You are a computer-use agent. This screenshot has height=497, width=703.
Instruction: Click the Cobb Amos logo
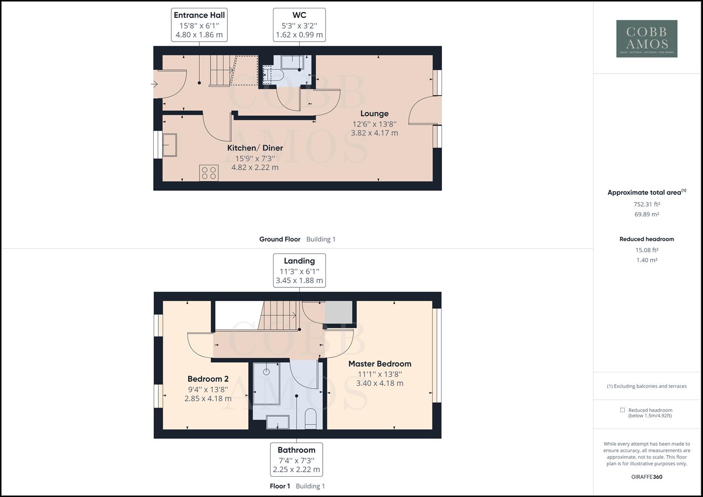[x=646, y=39]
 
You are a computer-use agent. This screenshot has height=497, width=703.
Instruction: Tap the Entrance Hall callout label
[x=199, y=25]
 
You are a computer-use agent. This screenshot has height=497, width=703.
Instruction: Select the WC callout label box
[x=299, y=25]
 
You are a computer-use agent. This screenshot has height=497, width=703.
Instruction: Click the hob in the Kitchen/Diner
[x=209, y=173]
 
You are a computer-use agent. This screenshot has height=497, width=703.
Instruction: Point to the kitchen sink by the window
[x=169, y=145]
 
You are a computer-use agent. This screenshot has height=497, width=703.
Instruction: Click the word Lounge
[x=374, y=114]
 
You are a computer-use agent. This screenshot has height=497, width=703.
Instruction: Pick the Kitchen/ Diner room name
[x=255, y=148]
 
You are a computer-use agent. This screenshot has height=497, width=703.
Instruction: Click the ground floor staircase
[x=221, y=70]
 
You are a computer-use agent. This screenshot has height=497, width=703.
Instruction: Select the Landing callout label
[x=299, y=270]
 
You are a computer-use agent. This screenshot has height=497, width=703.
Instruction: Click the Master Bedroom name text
[x=380, y=364]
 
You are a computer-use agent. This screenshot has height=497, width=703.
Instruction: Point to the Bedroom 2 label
[x=208, y=379]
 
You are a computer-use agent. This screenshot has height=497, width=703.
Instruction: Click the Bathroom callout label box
[x=296, y=459]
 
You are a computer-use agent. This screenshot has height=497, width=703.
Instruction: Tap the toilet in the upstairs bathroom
[x=311, y=418]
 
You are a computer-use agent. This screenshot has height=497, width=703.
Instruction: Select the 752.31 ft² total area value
[x=647, y=204]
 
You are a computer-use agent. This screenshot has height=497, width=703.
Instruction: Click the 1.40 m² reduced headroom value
[x=647, y=260]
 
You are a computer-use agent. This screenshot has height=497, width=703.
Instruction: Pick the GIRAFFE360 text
[x=647, y=477]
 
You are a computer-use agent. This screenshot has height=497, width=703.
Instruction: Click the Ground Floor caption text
[x=279, y=239]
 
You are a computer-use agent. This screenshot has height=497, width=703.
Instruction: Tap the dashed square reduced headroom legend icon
[x=622, y=410]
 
